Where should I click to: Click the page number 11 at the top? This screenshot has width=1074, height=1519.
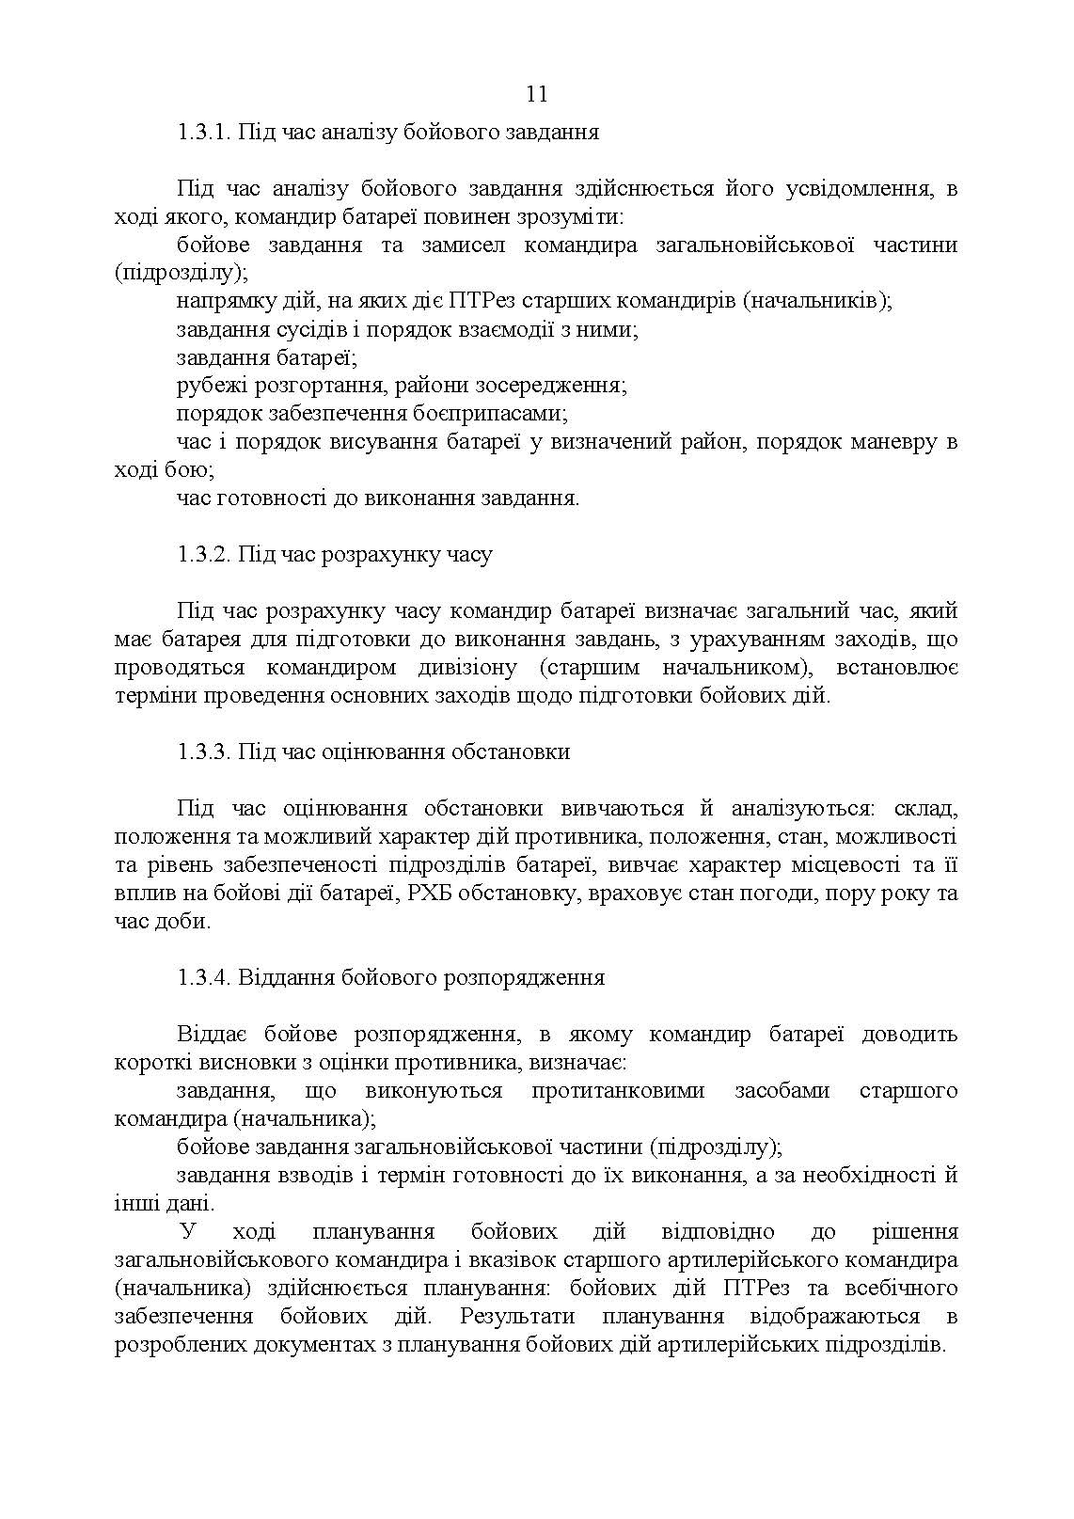pos(537,94)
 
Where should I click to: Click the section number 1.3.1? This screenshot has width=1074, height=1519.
pos(202,132)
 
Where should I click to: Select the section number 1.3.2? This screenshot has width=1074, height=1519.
pos(202,555)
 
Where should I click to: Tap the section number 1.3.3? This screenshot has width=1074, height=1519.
pos(202,752)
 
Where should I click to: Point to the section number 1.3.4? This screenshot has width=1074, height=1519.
pos(202,978)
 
